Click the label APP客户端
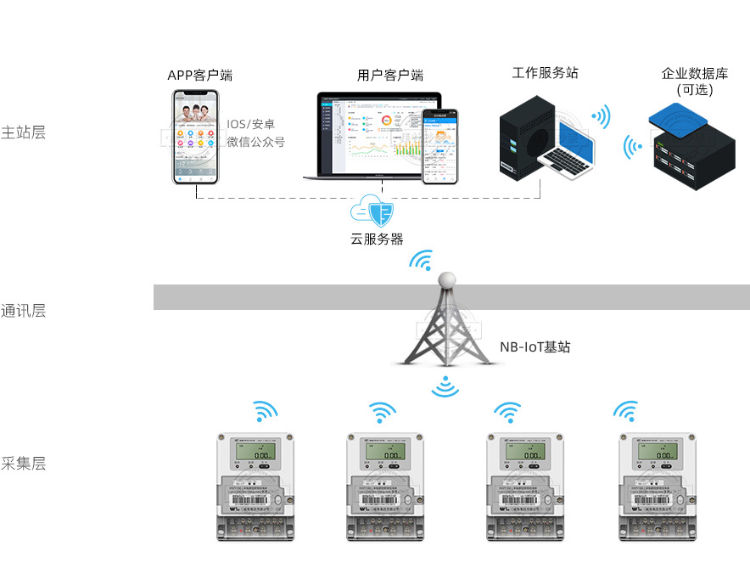coord(199,76)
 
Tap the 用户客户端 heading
coord(390,76)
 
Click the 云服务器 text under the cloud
coord(377,239)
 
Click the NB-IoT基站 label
coord(535,346)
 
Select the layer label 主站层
coord(23,132)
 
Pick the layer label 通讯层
coord(23,311)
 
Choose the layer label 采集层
coord(23,464)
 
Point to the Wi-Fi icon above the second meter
coord(382,413)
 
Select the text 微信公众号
coord(255,142)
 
